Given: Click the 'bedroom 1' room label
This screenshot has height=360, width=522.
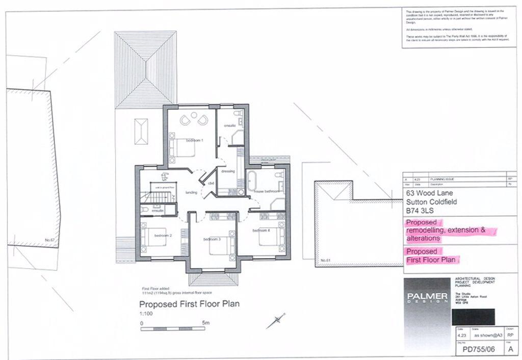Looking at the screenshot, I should (x=194, y=140).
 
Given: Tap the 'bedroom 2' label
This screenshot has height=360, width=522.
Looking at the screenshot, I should (x=163, y=236).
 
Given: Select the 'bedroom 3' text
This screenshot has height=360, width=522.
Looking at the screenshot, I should (x=212, y=239).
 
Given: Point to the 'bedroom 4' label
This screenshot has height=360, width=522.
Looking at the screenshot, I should (x=260, y=231).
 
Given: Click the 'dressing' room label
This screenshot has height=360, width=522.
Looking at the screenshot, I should (x=228, y=171).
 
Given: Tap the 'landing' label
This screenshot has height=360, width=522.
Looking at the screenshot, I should (x=191, y=192).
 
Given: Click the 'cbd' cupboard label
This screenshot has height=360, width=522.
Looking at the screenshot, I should (x=210, y=183).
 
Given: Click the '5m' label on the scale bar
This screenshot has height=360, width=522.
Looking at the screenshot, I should (x=205, y=323).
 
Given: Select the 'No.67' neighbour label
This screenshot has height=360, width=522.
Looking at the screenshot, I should (x=49, y=239).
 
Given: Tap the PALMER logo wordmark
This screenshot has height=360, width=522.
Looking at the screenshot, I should (x=427, y=296).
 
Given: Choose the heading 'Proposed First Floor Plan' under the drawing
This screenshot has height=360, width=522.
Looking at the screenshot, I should (x=190, y=304).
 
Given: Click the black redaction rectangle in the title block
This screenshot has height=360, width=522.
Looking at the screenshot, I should (x=473, y=317).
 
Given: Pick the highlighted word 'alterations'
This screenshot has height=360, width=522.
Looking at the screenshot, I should (x=423, y=238).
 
